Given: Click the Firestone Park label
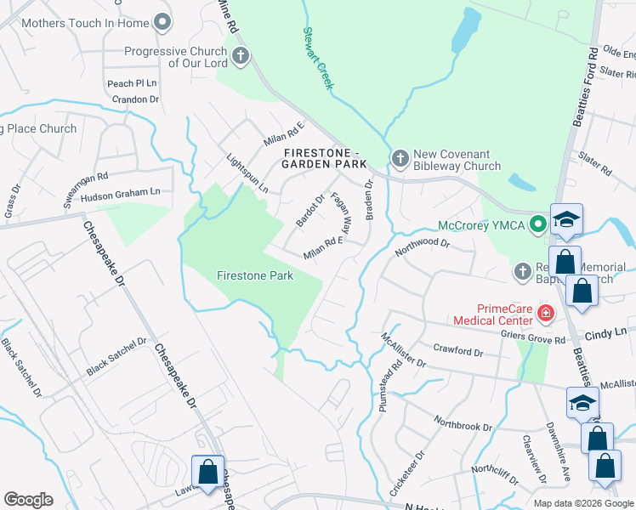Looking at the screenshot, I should click(x=255, y=275).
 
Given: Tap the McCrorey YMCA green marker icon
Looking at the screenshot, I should click(x=537, y=225).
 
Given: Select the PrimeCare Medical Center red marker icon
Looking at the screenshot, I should click(x=545, y=314).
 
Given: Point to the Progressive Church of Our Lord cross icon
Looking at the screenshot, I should click(x=241, y=57).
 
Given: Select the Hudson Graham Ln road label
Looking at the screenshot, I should click(x=120, y=193).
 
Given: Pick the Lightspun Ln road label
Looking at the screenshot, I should click(x=247, y=173).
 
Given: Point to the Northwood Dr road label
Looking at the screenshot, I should click(x=421, y=247).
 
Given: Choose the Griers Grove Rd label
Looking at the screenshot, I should click(x=533, y=340).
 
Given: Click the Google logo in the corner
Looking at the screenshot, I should click(x=28, y=500).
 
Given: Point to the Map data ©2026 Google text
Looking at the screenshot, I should click(x=582, y=503).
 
